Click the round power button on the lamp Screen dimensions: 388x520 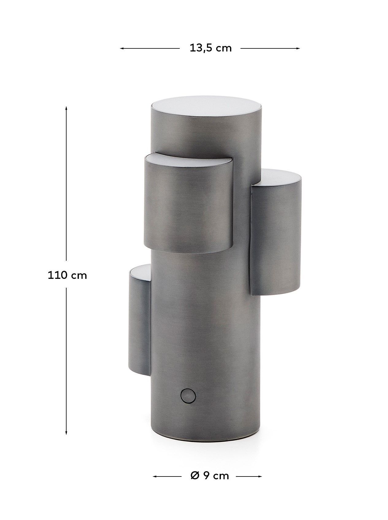click(x=188, y=395)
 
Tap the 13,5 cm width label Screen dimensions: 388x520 click(x=210, y=48)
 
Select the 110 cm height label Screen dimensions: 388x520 click(x=67, y=275)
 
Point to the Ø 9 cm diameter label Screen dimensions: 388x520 click(x=209, y=476)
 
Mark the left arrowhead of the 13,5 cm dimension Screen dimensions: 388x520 click(x=122, y=48)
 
